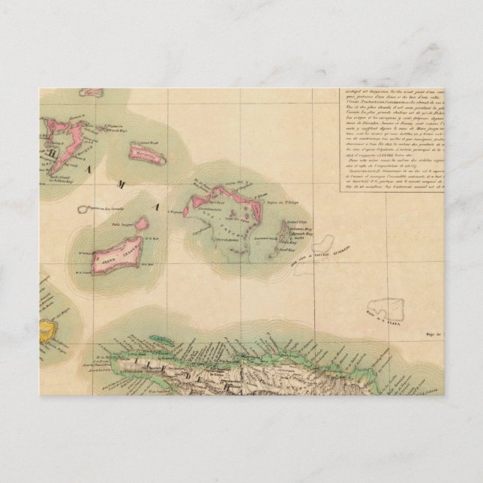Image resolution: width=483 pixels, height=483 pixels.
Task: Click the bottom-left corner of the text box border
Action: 334,193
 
